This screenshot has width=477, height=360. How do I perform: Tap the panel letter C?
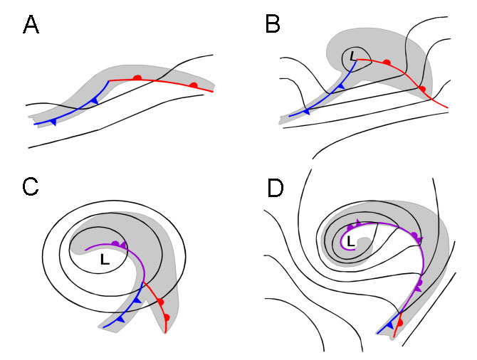31,186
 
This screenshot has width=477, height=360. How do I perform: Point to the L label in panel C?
105,261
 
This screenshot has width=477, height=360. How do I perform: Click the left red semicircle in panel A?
138,77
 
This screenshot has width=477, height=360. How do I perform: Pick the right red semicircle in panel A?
193,85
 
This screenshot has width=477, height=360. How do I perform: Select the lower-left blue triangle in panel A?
53,122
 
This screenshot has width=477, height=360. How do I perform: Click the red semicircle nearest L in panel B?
387,63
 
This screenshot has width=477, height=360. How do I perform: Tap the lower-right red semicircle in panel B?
422,89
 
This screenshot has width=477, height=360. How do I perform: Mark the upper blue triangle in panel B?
341,87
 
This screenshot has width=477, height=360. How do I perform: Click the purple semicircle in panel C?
115,244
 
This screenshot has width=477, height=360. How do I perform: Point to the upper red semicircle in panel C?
161,302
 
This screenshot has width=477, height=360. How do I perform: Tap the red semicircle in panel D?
400,323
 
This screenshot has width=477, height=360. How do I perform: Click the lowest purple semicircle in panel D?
419,283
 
